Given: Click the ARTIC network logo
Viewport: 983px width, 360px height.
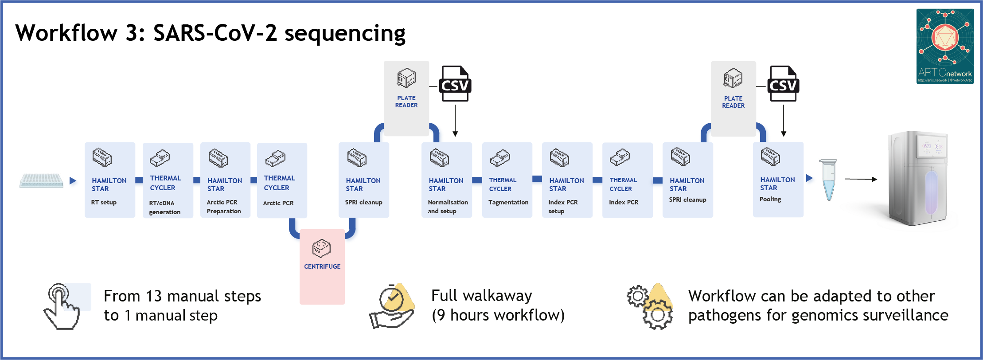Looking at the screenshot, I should pos(945,47).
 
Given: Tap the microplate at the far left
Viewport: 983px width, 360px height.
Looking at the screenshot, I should pos(41,180).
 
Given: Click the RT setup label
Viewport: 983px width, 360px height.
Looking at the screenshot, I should pos(104,203).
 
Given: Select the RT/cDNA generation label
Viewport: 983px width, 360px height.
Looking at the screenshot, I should pos(164,207).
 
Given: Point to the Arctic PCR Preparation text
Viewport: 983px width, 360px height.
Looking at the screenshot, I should pos(223,207).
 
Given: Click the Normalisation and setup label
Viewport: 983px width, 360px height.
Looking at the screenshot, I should pos(448,207).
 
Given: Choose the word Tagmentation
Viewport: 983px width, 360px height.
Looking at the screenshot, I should pos(508,203).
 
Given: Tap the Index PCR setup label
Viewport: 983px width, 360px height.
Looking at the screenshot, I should pos(563,207).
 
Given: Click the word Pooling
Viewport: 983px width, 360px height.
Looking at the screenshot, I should pos(770,200).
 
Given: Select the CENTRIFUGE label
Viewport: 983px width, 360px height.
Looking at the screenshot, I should pos(322,266).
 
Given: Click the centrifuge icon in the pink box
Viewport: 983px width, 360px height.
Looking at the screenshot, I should pos(321,248).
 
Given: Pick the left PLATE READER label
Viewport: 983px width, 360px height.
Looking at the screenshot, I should pos(406,102).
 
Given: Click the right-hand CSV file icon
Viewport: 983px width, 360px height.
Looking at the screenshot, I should pos(783,84).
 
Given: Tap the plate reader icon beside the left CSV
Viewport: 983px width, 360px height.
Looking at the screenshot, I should pos(406,78).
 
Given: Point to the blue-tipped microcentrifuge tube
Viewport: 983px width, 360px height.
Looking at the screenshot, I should pos(828,180).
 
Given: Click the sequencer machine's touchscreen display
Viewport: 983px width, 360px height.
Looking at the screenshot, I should pos(932,146).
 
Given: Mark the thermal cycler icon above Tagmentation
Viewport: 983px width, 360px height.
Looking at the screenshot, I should pos(500,158).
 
